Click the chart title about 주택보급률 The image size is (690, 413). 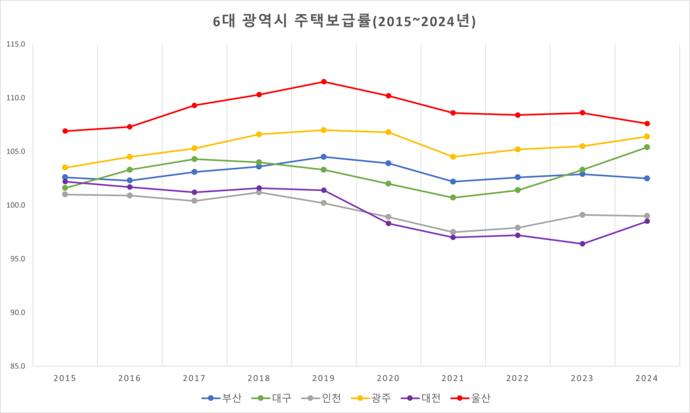click(344, 21)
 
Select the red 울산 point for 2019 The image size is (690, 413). click(324, 82)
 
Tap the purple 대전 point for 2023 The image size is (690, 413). click(582, 244)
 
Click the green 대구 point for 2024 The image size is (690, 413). click(647, 147)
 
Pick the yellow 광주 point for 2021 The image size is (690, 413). click(453, 157)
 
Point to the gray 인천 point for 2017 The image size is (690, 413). click(194, 201)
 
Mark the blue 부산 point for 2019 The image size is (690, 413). click(324, 157)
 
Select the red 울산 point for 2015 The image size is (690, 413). click(65, 131)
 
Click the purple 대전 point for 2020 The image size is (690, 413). click(388, 223)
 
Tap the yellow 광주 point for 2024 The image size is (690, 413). click(647, 137)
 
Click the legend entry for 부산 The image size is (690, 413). click(222, 398)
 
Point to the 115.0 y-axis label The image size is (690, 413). click(15, 45)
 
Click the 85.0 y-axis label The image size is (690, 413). click(17, 366)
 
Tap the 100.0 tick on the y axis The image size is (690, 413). click(15, 206)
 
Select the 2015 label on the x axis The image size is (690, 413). click(65, 379)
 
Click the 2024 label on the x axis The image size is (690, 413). click(647, 379)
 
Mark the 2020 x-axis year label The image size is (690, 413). click(388, 379)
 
